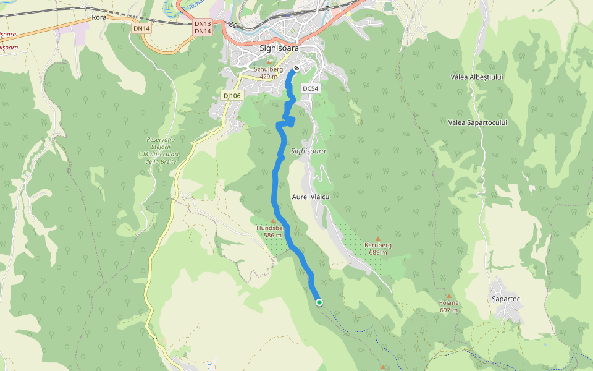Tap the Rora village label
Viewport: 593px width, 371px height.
[x=99, y=17]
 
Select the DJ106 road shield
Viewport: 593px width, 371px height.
[x=232, y=96]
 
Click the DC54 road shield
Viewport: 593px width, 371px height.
[x=310, y=89]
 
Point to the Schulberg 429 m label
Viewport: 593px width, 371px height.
[x=268, y=73]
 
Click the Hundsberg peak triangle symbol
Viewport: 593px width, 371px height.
[x=272, y=221]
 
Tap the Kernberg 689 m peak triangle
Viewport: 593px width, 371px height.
[x=378, y=239]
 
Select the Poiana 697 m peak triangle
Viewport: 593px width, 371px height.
[x=449, y=296]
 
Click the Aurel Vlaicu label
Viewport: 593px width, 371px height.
[x=311, y=197]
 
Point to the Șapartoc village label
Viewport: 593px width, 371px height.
[x=506, y=299]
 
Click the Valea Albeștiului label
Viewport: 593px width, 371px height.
[x=477, y=77]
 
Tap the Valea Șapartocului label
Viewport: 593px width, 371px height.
[x=477, y=122]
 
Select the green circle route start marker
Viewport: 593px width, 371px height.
[x=319, y=302]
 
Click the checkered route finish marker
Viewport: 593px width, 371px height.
[x=296, y=68]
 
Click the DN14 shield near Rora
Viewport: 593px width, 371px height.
[x=141, y=28]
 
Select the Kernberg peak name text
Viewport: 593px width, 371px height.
[x=378, y=245]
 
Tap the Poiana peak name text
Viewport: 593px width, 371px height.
[x=449, y=303]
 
